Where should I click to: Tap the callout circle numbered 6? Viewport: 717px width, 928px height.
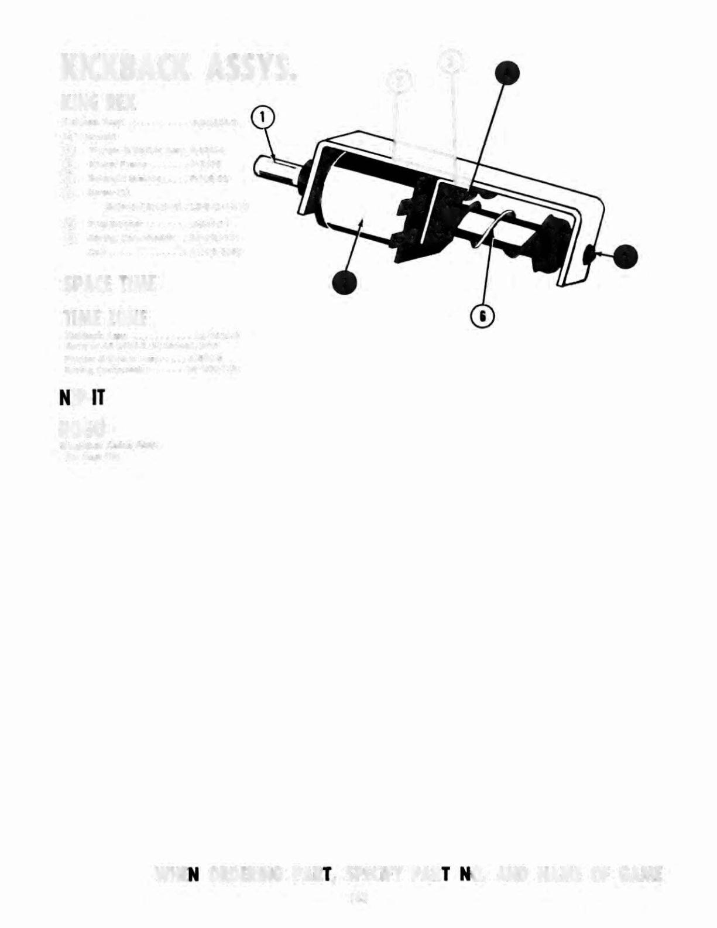(x=483, y=317)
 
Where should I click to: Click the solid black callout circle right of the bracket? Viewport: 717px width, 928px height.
(x=626, y=256)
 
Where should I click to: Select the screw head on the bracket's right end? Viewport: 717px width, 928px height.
(x=590, y=255)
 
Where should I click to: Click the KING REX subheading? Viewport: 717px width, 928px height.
(x=98, y=104)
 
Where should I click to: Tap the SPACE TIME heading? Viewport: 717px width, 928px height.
(x=110, y=285)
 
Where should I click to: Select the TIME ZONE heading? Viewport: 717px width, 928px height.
(x=106, y=320)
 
